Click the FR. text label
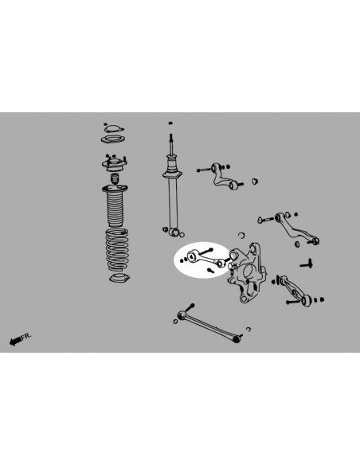(x=26, y=338)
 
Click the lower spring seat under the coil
(x=119, y=279)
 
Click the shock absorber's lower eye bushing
(x=174, y=232)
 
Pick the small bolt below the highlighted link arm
(x=209, y=271)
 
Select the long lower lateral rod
(x=211, y=324)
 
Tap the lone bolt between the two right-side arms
(x=306, y=262)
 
